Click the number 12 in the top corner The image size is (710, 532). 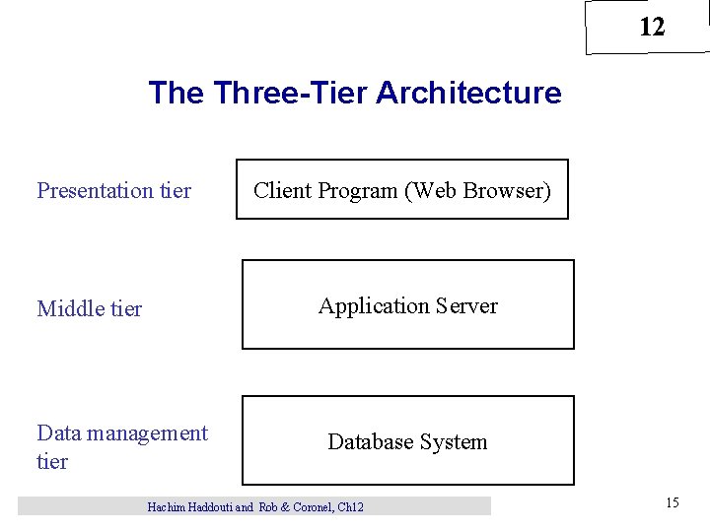[652, 28]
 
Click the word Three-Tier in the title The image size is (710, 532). [290, 94]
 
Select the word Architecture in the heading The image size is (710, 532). [468, 94]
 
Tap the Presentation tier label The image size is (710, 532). [113, 191]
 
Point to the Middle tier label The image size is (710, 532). [90, 309]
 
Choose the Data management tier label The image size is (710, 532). [121, 446]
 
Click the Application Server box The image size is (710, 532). [407, 304]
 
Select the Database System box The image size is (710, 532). [407, 440]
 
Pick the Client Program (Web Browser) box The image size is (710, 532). [402, 189]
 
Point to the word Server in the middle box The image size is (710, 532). [462, 306]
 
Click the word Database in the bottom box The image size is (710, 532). [369, 441]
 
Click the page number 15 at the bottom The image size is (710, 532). [672, 503]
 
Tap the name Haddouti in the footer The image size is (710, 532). [212, 507]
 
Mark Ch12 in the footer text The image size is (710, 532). [351, 507]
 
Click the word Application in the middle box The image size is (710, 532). [372, 306]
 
